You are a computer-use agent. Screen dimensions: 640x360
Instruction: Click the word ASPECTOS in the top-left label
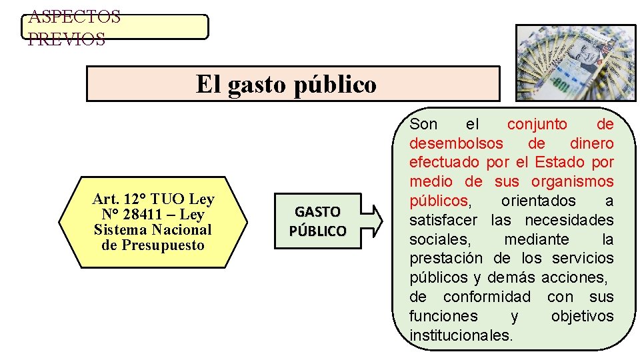click(74, 17)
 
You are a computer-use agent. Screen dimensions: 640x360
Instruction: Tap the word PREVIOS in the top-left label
click(67, 39)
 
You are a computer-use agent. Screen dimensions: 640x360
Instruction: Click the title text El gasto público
click(286, 85)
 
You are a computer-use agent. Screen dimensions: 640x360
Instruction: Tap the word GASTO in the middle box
click(317, 212)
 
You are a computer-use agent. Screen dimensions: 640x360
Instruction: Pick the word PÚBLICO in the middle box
click(317, 231)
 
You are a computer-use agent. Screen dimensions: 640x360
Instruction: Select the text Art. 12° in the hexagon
click(119, 199)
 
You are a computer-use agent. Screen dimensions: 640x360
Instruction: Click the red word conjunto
click(537, 124)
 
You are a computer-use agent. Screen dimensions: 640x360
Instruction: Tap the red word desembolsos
click(457, 143)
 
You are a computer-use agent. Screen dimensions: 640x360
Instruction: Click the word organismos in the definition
click(571, 181)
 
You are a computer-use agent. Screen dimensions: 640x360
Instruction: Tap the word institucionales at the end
click(461, 335)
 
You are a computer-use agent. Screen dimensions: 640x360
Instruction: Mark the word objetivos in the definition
click(582, 316)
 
